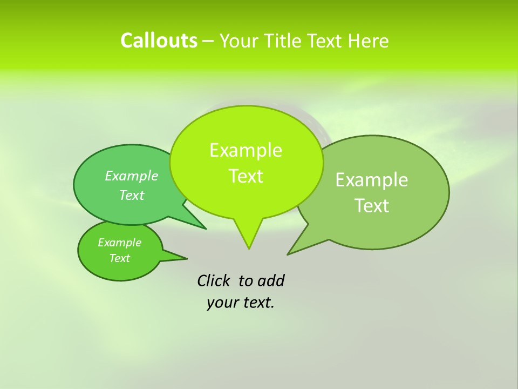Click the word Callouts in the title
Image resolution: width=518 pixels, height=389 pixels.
[159, 41]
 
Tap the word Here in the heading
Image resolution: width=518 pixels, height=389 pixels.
[369, 41]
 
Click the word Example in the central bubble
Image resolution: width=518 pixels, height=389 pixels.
[246, 150]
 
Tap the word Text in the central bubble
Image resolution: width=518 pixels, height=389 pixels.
[246, 176]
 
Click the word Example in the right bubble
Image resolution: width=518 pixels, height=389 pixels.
[372, 180]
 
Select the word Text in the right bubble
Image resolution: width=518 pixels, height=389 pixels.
[372, 206]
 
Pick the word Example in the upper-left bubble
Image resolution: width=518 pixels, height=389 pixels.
[131, 176]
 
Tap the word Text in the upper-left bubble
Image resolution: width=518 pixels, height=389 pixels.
[131, 195]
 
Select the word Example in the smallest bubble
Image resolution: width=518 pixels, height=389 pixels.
[119, 243]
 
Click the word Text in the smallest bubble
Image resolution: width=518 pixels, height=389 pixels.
[119, 258]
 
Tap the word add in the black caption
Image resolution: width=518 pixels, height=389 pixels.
[271, 280]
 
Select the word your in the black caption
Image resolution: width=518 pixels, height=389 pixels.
[222, 303]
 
